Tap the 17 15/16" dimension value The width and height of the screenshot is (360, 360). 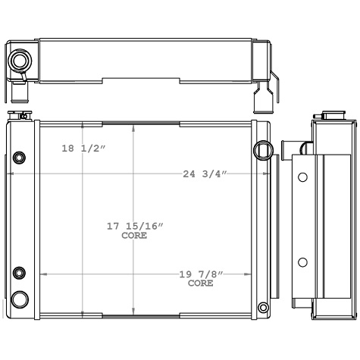(x=134, y=226)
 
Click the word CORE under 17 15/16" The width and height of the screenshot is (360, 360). (x=134, y=236)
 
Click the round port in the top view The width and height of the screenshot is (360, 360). (x=19, y=61)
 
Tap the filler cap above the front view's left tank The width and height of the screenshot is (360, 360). (x=18, y=116)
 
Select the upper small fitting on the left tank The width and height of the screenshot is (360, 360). (x=20, y=158)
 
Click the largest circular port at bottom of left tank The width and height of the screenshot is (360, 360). (x=20, y=297)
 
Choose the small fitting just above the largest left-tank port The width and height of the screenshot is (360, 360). (x=20, y=273)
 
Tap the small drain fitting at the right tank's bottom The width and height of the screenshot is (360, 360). (x=263, y=308)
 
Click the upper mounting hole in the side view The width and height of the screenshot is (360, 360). (x=302, y=177)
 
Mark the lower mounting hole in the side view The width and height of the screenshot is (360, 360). (x=302, y=262)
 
